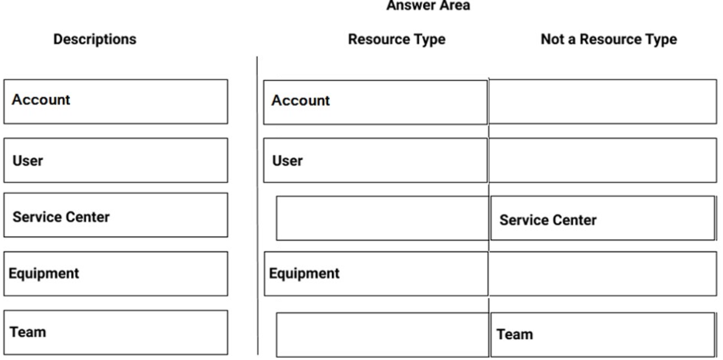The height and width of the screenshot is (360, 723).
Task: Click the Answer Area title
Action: [428, 6]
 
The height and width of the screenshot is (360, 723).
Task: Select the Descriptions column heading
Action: [95, 39]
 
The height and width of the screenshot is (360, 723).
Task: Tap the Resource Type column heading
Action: [397, 39]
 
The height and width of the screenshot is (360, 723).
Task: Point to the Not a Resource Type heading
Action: [609, 39]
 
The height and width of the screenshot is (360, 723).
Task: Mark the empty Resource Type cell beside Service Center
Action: [382, 218]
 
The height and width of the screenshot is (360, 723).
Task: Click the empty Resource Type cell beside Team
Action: [382, 335]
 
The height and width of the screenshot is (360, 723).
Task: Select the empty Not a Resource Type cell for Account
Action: [603, 101]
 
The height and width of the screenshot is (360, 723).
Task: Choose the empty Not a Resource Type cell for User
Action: [603, 160]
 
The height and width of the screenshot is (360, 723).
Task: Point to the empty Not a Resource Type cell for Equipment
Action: [603, 274]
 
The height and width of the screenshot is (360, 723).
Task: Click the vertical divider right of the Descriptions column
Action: [257, 205]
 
